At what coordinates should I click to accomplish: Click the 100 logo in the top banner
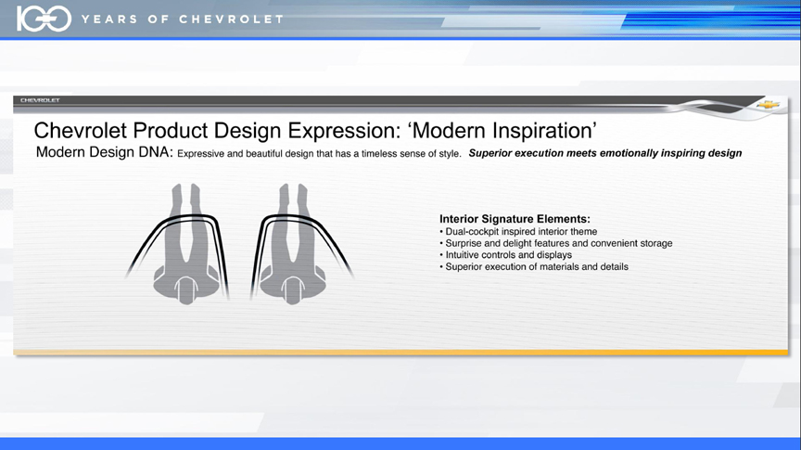(x=44, y=19)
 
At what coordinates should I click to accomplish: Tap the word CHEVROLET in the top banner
(x=231, y=19)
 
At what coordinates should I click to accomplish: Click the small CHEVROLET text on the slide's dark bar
(x=41, y=100)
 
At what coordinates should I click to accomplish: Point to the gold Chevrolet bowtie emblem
(x=768, y=105)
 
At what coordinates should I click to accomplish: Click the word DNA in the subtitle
(x=156, y=152)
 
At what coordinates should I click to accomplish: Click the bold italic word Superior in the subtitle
(x=490, y=153)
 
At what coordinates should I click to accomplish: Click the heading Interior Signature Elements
(x=515, y=219)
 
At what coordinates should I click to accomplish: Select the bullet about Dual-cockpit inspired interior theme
(x=518, y=232)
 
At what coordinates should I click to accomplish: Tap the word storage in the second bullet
(x=656, y=243)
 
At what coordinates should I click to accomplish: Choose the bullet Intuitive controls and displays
(x=506, y=254)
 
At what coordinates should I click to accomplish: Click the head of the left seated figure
(x=186, y=289)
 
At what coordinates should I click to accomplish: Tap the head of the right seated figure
(x=293, y=289)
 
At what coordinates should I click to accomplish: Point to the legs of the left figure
(x=186, y=220)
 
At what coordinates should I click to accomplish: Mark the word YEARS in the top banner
(x=109, y=19)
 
